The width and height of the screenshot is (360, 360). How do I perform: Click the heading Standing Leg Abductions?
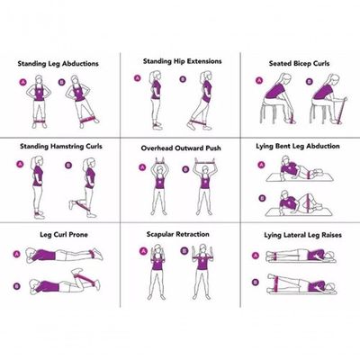coord(58,64)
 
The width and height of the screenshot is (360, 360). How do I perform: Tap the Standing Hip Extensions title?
coord(182,61)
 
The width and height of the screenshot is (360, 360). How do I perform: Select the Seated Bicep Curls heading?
coord(299,64)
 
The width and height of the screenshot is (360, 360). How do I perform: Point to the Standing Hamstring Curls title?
coord(61,147)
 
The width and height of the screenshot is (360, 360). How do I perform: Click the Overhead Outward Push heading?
coord(181,148)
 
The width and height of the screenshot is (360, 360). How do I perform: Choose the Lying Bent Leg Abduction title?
coord(298,146)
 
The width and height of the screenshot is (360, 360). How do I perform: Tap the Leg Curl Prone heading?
coord(64,234)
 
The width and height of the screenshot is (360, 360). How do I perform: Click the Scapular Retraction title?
coord(178,234)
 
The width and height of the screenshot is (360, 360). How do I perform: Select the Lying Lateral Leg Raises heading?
coord(302,235)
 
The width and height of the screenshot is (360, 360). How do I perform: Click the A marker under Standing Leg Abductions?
coord(22,81)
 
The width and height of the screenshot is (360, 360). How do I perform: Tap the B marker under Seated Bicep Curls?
coord(310,81)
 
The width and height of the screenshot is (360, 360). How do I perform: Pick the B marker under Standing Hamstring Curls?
coord(68,165)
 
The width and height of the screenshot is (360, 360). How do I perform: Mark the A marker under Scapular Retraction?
coord(144,250)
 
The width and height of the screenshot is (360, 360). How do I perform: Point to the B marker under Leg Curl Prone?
coord(17,286)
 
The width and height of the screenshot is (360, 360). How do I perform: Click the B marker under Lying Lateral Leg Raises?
coord(256,282)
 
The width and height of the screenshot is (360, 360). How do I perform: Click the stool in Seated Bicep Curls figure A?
coord(269,111)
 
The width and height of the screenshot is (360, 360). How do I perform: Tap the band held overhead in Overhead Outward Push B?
coord(203,163)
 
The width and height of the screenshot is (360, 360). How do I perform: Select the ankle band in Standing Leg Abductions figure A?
coord(40,121)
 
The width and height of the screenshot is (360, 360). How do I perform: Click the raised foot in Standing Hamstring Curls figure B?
coord(71,204)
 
